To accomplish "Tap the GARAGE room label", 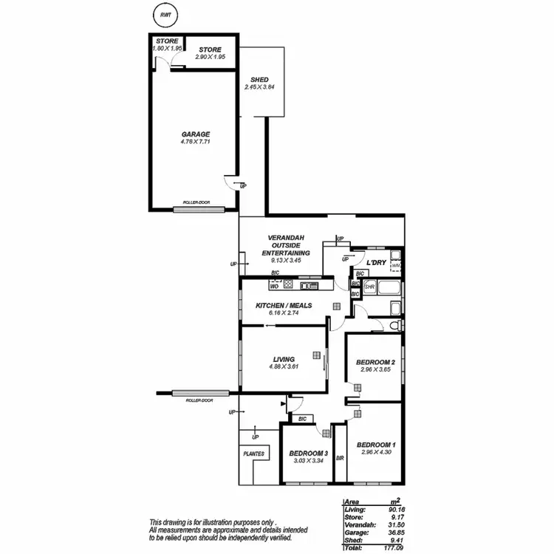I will (196, 134).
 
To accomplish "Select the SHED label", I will (259, 80).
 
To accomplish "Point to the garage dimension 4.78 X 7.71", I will (196, 142).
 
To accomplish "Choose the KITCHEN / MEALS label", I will (284, 305).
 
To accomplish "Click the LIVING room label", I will (284, 359).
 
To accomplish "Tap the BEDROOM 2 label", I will (375, 362).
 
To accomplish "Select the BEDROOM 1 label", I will (375, 445).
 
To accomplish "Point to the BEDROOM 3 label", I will (308, 453).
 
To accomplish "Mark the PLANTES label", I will (254, 454).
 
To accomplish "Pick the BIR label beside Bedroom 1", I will (340, 458).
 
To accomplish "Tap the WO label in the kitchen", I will (264, 286).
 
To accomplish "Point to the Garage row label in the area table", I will (355, 531).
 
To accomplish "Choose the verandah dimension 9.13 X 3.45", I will (285, 260).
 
